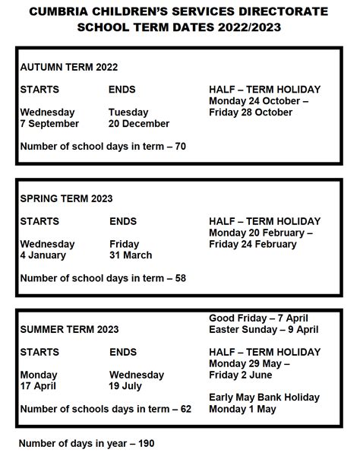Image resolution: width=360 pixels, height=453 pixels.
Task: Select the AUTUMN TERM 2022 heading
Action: click(x=68, y=67)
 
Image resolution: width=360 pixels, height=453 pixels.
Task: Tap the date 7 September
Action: click(x=49, y=124)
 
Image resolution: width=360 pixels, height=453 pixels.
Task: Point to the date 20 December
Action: click(x=139, y=124)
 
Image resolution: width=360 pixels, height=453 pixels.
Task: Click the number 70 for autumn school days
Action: click(x=180, y=146)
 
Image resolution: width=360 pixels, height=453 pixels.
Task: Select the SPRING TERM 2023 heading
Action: click(x=66, y=198)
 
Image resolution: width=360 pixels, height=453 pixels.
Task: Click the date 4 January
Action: click(x=44, y=255)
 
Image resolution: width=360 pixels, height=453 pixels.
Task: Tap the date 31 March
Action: click(x=131, y=255)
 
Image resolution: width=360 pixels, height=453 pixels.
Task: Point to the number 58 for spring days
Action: click(x=180, y=278)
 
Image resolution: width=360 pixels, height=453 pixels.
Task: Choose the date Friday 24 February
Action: click(x=253, y=244)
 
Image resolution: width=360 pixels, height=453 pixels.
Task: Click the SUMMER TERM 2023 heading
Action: click(x=69, y=330)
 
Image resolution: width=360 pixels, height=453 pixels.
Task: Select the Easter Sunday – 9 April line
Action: click(x=264, y=330)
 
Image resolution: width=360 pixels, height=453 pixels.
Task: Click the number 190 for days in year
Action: click(x=145, y=442)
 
